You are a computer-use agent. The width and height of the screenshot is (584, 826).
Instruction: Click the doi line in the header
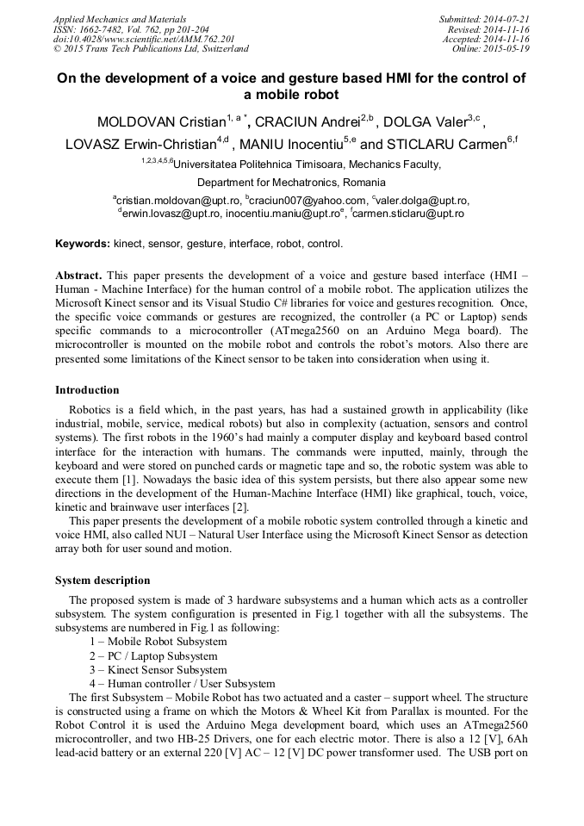(144, 39)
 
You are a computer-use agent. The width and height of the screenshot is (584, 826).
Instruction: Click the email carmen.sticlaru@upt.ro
(409, 214)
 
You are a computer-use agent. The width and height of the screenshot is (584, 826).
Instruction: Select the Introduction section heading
(87, 390)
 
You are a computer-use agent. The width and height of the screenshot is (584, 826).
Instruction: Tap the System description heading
(103, 581)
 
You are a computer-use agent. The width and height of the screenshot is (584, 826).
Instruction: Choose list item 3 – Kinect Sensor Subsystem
(158, 670)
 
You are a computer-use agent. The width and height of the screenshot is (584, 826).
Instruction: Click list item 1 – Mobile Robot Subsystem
(158, 643)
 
